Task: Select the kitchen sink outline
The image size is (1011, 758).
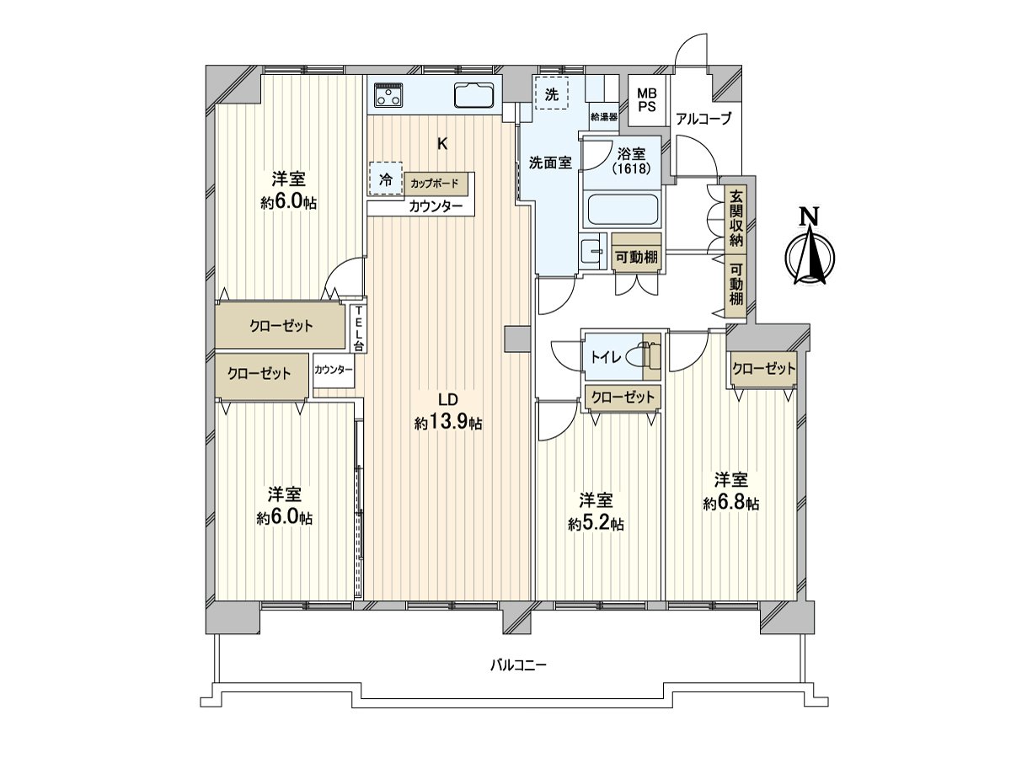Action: click(477, 95)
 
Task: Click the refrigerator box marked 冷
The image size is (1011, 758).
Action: click(385, 179)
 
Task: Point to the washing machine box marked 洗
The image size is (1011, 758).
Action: click(551, 94)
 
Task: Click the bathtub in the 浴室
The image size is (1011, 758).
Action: click(622, 209)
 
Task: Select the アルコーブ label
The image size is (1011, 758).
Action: click(703, 119)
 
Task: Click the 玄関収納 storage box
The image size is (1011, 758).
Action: click(736, 218)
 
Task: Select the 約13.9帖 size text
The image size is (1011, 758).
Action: click(448, 423)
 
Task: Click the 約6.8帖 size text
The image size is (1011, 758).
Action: click(731, 503)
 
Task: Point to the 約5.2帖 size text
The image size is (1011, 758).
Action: click(596, 523)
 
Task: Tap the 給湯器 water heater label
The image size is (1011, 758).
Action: click(604, 116)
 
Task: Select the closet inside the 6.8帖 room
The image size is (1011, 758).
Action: click(763, 368)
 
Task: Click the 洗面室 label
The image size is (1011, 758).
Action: click(550, 163)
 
